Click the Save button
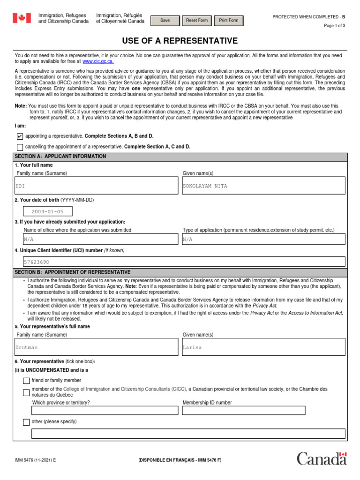tap(165, 21)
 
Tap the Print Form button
tap(228, 21)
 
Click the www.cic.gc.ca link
tap(98, 61)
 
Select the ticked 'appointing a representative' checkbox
tap(20, 136)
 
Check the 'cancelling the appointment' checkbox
tap(20, 147)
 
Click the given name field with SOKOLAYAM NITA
tap(263, 186)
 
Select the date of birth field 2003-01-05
tap(48, 212)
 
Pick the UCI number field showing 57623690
tap(184, 262)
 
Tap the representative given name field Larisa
tap(263, 347)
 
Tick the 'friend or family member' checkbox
tap(26, 381)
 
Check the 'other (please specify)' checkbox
tap(26, 422)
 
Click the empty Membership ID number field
tap(244, 411)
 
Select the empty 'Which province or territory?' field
tap(105, 411)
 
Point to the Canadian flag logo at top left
tap(22, 18)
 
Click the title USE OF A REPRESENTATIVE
tap(180, 41)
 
